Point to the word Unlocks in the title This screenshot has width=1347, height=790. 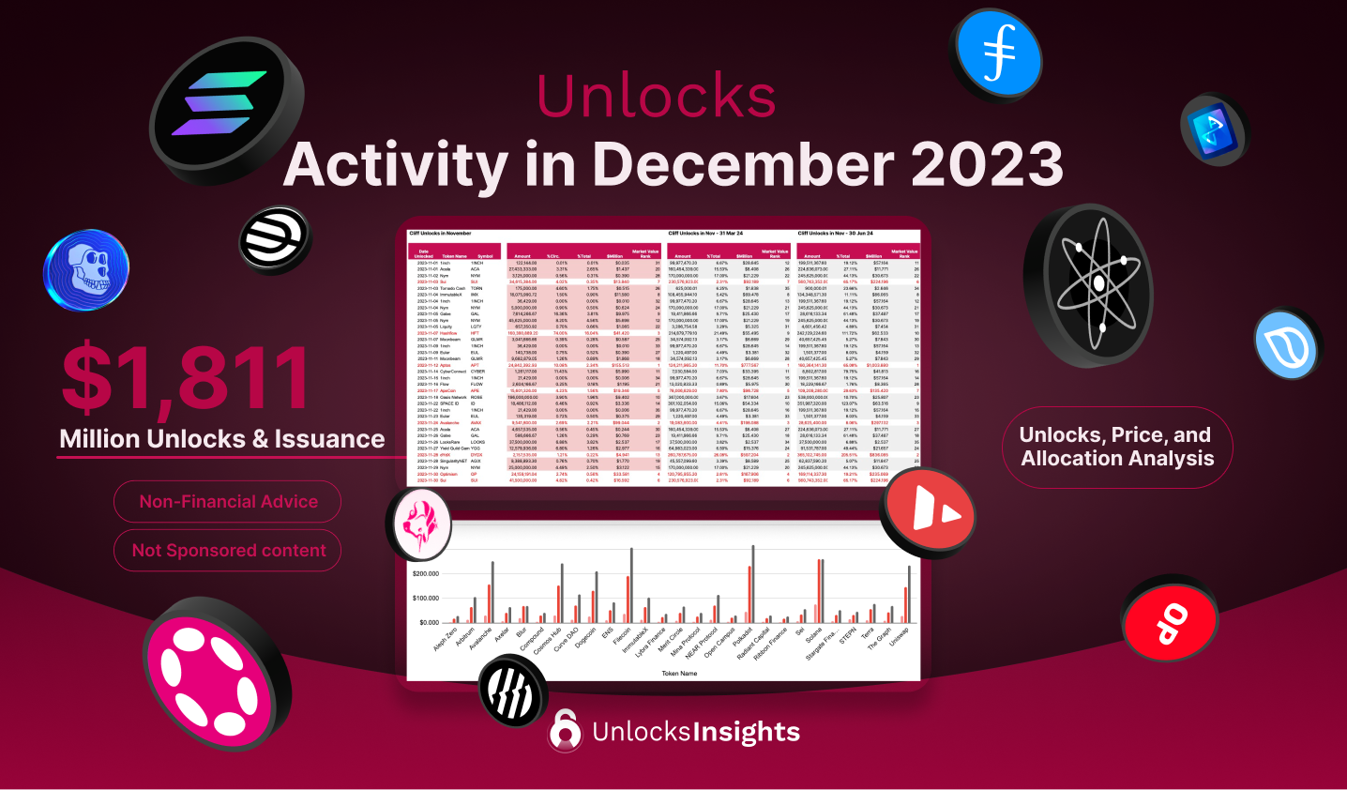coord(656,96)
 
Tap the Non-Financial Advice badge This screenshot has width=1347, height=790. coord(228,502)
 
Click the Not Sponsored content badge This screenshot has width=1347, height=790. coord(228,551)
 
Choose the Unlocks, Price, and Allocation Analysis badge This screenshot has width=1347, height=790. coord(1116,447)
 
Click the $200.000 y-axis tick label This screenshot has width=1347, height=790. coord(426,573)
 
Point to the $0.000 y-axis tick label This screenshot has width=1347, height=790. coord(429,622)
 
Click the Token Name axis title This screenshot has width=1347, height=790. coord(679,673)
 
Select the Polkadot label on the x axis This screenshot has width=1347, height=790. coord(744,639)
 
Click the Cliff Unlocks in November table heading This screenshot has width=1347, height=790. coord(440,233)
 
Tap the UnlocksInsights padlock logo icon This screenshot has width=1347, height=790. coord(565,730)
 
